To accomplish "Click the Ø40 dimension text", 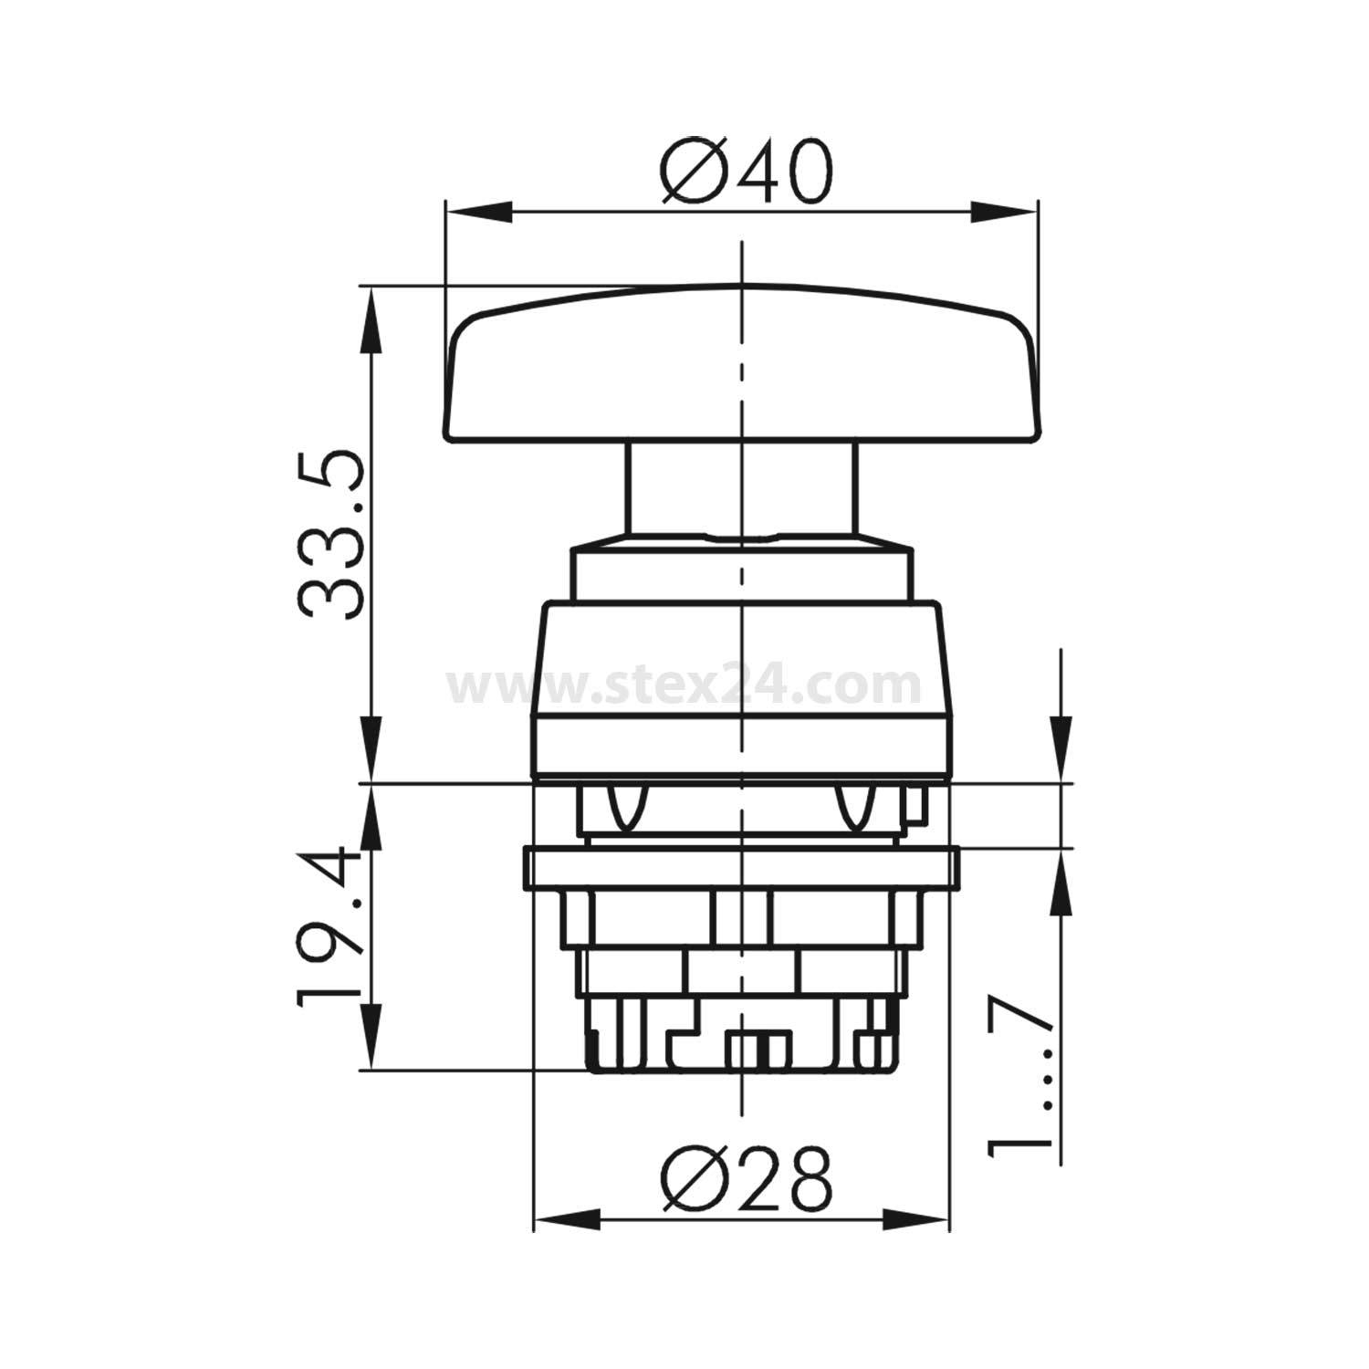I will coord(747,173).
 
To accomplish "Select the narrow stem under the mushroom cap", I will coord(741,489).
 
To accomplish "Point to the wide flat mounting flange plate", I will coord(741,868).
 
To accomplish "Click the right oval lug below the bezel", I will coord(854,808).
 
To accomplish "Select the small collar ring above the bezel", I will coord(741,571).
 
